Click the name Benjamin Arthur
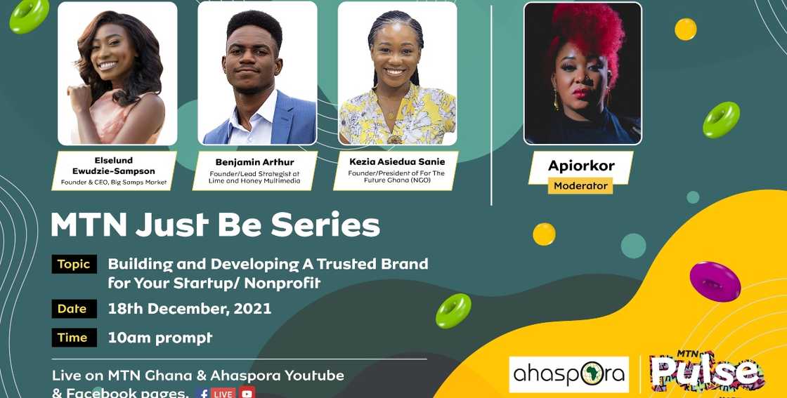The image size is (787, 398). coord(255,162)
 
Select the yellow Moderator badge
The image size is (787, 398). coord(580,186)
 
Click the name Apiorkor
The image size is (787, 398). coord(581,166)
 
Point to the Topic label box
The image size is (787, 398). coord(74,264)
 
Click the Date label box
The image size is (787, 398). coord(72,309)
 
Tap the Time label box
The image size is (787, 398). coord(72,338)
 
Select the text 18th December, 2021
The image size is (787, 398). coord(189,309)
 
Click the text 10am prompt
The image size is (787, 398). coord(160,338)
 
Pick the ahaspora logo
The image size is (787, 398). coord(568,374)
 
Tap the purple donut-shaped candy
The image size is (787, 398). coord(715,280)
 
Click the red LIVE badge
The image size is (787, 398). coord(223,393)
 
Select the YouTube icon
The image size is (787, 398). coord(246,393)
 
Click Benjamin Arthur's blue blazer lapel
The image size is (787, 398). coord(285,119)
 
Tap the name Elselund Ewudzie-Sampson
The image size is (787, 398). coord(115,166)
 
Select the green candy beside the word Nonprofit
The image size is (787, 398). coord(453,310)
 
